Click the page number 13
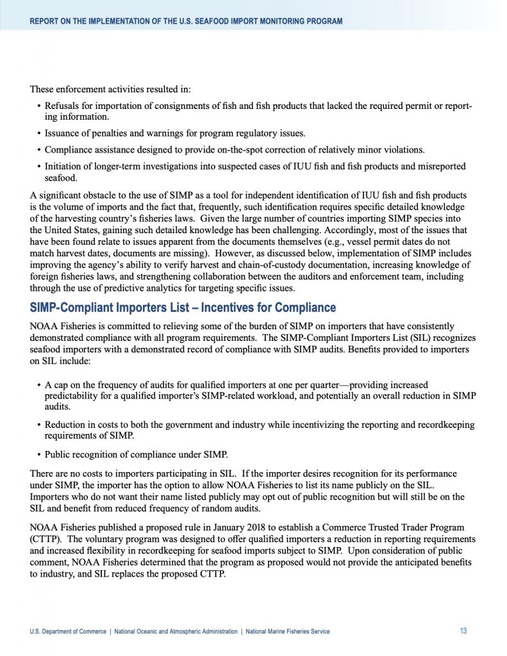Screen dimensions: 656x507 pyautogui.click(x=463, y=631)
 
